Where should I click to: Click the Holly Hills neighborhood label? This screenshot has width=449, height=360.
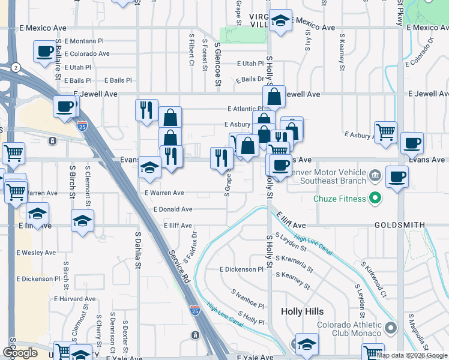[302, 312]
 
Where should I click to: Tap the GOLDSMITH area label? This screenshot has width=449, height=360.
[400, 225]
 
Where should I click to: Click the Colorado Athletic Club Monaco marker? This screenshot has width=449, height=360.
[391, 328]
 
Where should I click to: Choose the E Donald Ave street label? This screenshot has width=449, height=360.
[173, 209]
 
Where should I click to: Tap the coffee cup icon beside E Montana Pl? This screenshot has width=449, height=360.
[44, 52]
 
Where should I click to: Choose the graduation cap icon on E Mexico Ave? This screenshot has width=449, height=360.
[280, 21]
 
